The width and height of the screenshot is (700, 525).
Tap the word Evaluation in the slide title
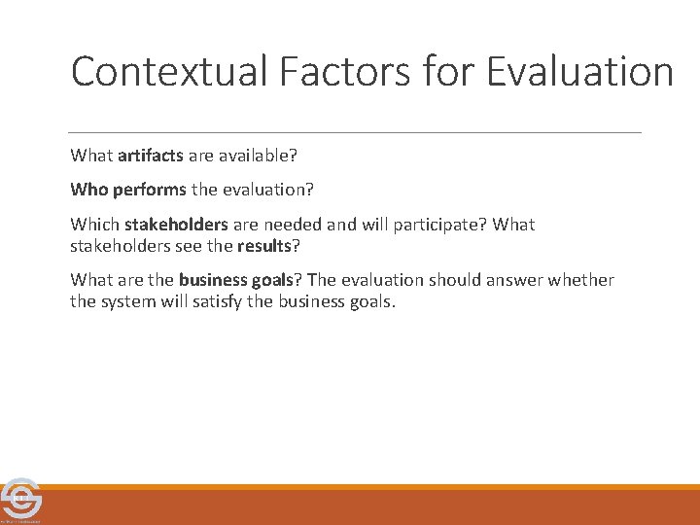coord(579,72)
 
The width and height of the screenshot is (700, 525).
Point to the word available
coord(261,156)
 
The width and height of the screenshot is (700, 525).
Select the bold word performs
coord(148,190)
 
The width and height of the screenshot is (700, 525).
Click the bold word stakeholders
coord(176,225)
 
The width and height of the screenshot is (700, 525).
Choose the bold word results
coord(263,245)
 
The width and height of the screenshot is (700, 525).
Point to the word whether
coord(582,280)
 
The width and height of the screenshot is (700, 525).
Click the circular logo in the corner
coord(20,500)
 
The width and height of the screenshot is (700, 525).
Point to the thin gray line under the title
coord(355,132)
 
